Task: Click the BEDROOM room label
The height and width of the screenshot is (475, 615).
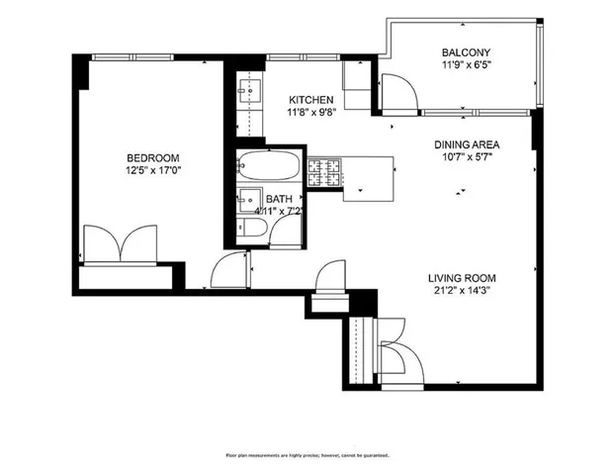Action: [x=152, y=158]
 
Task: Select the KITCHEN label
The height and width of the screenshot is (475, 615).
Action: [x=310, y=100]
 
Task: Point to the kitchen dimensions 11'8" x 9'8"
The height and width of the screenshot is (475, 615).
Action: [x=310, y=114]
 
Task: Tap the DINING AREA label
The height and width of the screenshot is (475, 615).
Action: [x=467, y=144]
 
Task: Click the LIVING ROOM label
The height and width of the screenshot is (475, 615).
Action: [x=462, y=278]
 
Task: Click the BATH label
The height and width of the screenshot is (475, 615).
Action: [x=278, y=198]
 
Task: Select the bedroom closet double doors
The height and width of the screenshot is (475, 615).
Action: [x=119, y=243]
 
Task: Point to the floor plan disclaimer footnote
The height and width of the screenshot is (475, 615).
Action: [x=307, y=455]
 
